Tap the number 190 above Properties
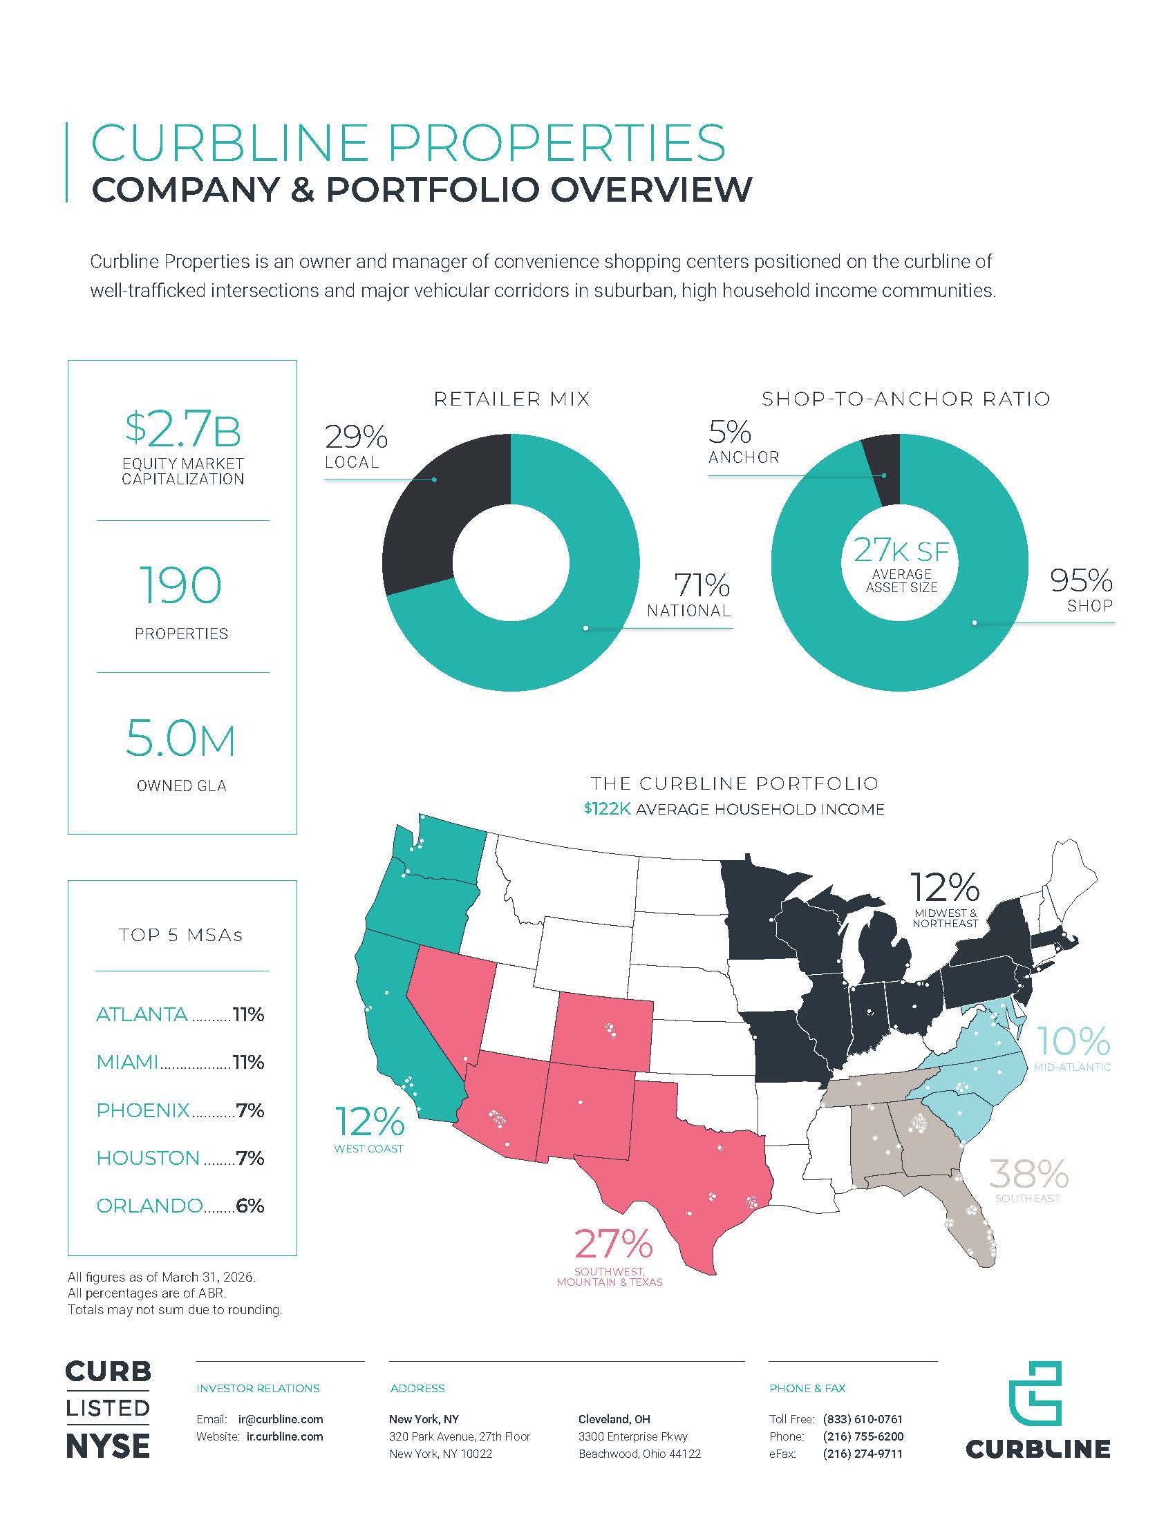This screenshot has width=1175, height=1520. point(181,585)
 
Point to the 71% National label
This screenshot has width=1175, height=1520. point(689,595)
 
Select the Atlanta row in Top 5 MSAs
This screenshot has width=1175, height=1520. point(180,1014)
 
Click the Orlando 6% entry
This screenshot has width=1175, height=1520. point(180,1206)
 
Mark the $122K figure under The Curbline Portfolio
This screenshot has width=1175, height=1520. point(608,809)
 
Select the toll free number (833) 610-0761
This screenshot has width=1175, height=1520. point(863,1419)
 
